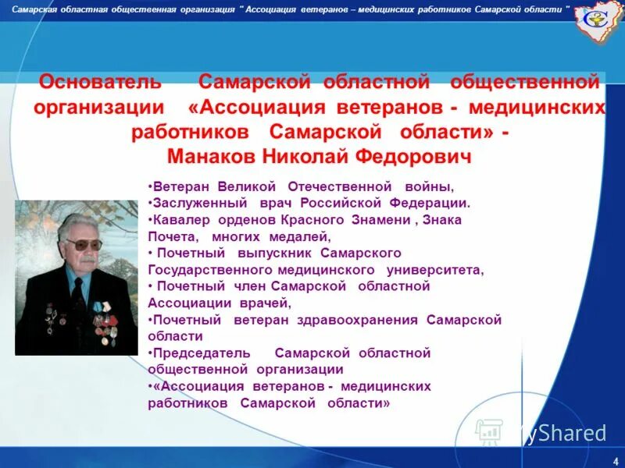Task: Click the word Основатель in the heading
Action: (101, 82)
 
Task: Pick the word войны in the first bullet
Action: (428, 187)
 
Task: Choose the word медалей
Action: (300, 236)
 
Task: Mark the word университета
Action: (435, 270)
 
